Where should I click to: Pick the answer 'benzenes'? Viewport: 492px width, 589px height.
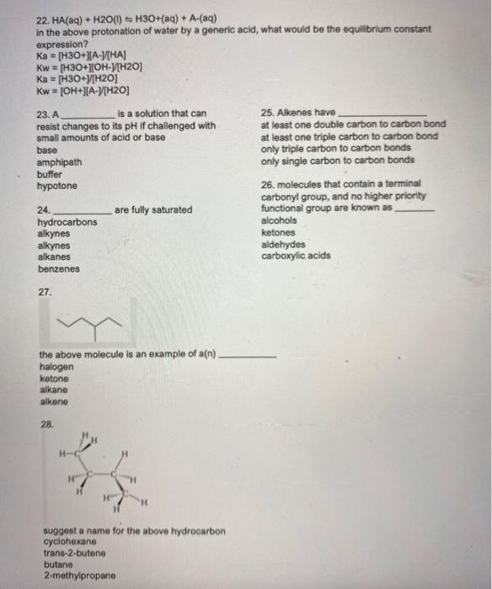(59, 269)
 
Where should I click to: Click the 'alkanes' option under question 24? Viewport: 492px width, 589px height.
(55, 257)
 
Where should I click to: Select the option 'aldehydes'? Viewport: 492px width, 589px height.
(284, 244)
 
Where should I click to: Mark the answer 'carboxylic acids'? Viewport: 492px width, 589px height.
(296, 256)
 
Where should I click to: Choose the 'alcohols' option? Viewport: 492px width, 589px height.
(280, 220)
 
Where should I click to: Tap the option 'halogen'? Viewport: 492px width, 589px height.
(56, 367)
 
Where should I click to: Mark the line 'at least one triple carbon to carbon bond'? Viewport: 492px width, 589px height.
(349, 136)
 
